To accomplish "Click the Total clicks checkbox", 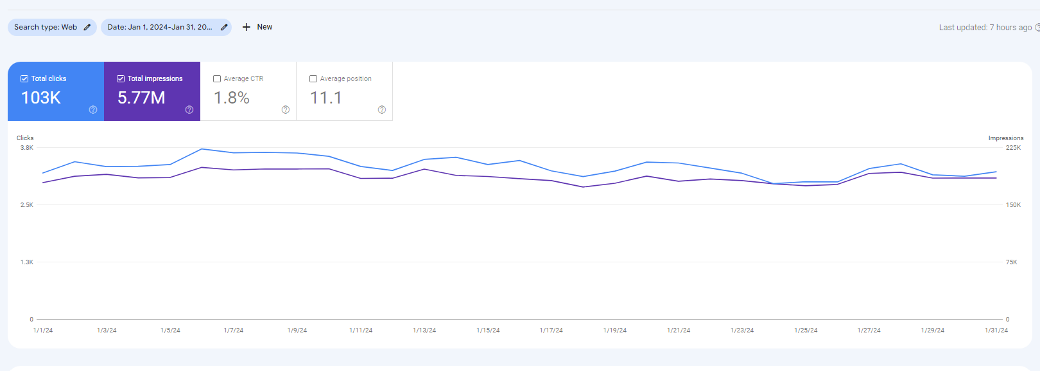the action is click(x=24, y=78).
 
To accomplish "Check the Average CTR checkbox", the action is click(x=217, y=78).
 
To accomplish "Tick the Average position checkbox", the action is click(x=313, y=78).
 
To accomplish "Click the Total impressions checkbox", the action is click(x=121, y=78).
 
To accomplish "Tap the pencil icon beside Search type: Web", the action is click(x=87, y=27).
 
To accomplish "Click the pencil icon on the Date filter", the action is click(x=224, y=27).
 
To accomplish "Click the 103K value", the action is click(x=41, y=98).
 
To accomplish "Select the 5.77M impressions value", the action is click(x=141, y=98).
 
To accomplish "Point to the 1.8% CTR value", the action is click(x=232, y=98).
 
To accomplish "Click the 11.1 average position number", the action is click(x=326, y=98).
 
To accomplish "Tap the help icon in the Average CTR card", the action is click(x=286, y=110).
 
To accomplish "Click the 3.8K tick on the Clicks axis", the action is click(x=27, y=148).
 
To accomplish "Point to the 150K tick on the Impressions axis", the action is click(x=1014, y=205).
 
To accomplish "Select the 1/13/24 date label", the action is click(x=424, y=330).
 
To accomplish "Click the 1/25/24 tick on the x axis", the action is click(x=806, y=330).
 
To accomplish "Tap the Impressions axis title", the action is click(x=1005, y=138).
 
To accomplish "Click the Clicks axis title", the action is click(x=25, y=138).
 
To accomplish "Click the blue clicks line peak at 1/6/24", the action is click(x=202, y=149).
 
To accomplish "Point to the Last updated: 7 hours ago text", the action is click(x=985, y=28).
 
